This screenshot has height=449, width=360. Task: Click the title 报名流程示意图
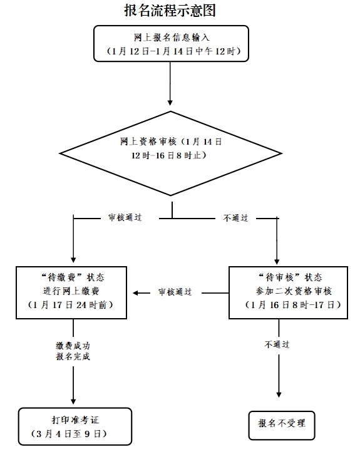click(x=170, y=11)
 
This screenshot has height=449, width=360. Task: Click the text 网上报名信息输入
click(x=172, y=38)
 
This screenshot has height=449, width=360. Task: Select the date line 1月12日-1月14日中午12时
click(x=173, y=51)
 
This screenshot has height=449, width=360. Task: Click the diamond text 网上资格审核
click(x=148, y=142)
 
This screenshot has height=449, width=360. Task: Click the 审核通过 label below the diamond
click(x=125, y=218)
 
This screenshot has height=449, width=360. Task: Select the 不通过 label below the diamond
click(x=235, y=218)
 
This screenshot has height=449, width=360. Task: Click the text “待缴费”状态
click(x=73, y=277)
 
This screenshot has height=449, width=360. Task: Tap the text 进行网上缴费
click(x=71, y=291)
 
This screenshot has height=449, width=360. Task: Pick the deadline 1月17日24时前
click(x=71, y=305)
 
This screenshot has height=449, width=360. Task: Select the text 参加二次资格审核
click(x=294, y=291)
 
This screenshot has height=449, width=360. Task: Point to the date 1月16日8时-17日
click(x=293, y=305)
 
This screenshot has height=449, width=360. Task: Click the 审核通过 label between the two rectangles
click(x=175, y=292)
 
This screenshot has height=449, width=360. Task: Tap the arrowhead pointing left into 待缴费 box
click(x=136, y=293)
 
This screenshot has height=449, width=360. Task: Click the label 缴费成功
click(x=73, y=346)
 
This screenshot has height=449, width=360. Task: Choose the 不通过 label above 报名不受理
click(x=277, y=344)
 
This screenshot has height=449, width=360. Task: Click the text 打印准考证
click(x=75, y=420)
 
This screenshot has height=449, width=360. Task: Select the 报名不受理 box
click(x=282, y=425)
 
